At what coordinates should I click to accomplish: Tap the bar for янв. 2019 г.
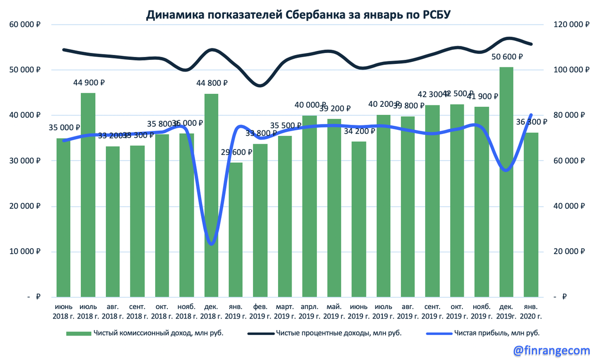tap(236, 230)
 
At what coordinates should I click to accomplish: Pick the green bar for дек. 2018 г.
tap(212, 200)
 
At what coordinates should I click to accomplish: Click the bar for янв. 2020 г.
tap(531, 215)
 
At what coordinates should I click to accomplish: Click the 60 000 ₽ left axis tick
tap(24, 24)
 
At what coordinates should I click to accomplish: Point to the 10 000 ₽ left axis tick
tap(24, 252)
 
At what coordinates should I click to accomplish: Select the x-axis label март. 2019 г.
tap(286, 311)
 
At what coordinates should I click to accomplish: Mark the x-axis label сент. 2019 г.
tap(432, 311)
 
